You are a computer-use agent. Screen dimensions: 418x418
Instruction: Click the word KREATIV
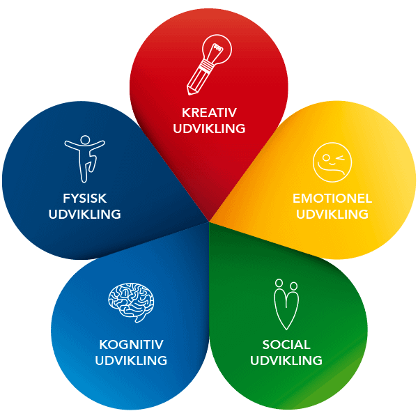click(x=209, y=113)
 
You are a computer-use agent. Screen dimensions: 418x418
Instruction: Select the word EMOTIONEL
click(x=332, y=199)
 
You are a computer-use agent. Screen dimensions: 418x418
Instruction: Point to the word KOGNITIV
click(x=131, y=345)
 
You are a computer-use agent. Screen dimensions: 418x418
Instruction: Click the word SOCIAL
click(x=286, y=345)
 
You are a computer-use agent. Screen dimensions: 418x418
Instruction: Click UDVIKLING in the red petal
click(x=209, y=129)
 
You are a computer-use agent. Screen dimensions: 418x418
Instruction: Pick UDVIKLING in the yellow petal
click(x=332, y=215)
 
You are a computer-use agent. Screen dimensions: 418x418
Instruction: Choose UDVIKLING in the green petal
click(x=286, y=361)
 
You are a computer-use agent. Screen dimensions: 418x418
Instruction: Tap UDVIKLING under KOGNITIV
click(x=131, y=361)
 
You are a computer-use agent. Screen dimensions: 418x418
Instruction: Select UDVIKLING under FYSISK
click(x=84, y=215)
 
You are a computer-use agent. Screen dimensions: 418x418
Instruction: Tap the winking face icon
click(x=332, y=162)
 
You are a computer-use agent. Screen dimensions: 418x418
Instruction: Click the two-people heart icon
click(x=286, y=304)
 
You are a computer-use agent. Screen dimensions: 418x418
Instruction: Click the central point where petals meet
click(x=209, y=222)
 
